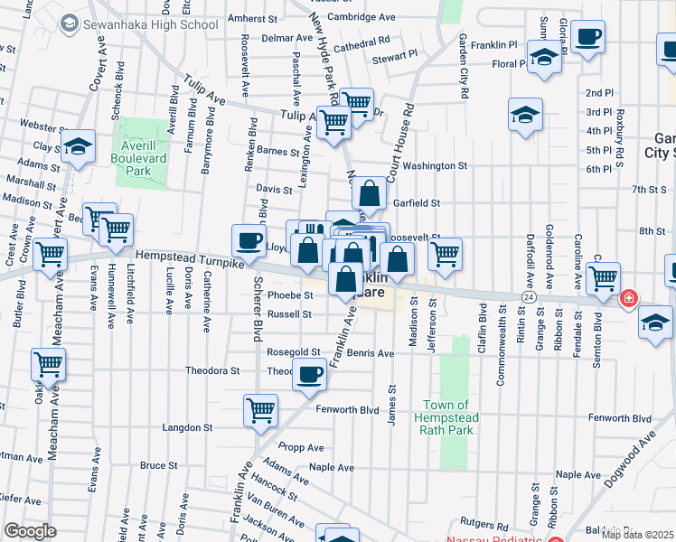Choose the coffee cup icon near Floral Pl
[587, 38]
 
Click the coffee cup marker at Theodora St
[310, 374]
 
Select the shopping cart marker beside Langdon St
[260, 411]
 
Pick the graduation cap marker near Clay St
[79, 146]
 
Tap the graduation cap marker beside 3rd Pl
[525, 116]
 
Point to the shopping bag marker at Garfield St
[370, 193]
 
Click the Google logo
[30, 530]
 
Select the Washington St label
[435, 166]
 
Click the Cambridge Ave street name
[361, 16]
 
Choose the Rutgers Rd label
[479, 522]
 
